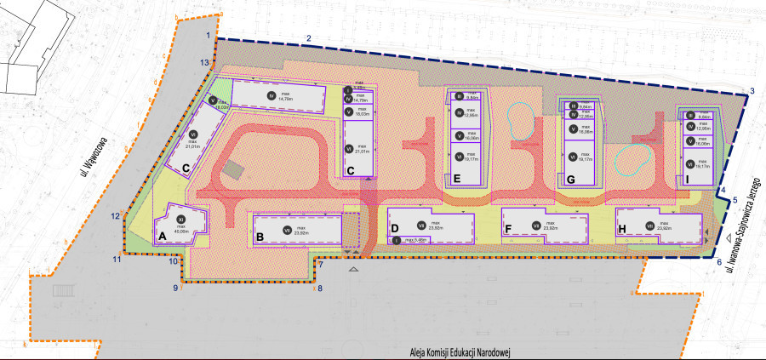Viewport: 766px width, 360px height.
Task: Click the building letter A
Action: point(161,229)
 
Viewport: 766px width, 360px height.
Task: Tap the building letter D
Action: point(394,228)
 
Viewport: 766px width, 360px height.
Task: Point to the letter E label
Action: point(457,179)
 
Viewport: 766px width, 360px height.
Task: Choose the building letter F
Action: point(508,229)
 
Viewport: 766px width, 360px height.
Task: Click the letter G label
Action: point(570,180)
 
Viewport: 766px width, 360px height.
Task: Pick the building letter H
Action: point(622,229)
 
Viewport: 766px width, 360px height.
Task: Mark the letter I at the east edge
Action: point(686,180)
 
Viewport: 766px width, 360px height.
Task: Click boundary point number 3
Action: point(752,91)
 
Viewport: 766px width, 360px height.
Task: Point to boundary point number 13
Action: point(203,63)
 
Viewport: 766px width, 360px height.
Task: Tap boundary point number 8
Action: point(320,289)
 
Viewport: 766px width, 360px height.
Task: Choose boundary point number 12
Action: point(114,216)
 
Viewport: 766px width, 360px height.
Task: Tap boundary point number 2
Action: point(309,37)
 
